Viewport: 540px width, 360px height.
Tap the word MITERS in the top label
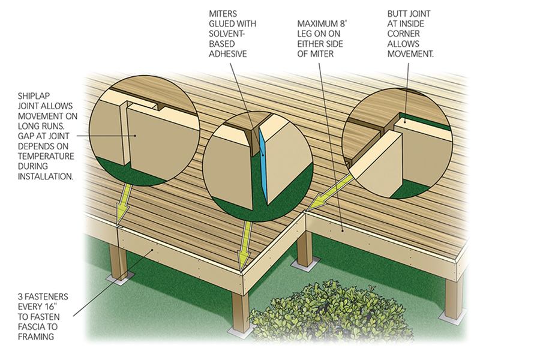(223, 14)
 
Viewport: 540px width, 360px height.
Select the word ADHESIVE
(228, 54)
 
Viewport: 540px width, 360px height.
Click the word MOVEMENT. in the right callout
(410, 54)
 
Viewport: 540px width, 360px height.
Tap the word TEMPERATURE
(46, 156)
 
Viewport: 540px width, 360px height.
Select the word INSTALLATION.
(46, 176)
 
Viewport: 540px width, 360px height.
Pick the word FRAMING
(36, 337)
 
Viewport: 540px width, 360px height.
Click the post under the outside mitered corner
(240, 312)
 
